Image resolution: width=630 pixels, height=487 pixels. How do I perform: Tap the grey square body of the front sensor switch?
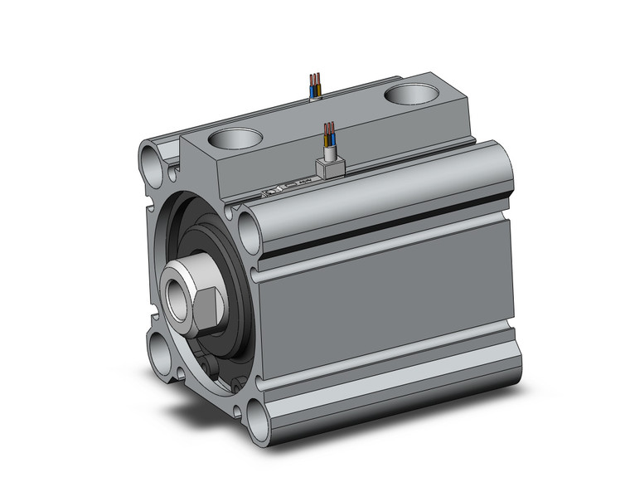pos(332,166)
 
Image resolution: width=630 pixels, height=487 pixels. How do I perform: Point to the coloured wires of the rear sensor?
pos(315,85)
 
